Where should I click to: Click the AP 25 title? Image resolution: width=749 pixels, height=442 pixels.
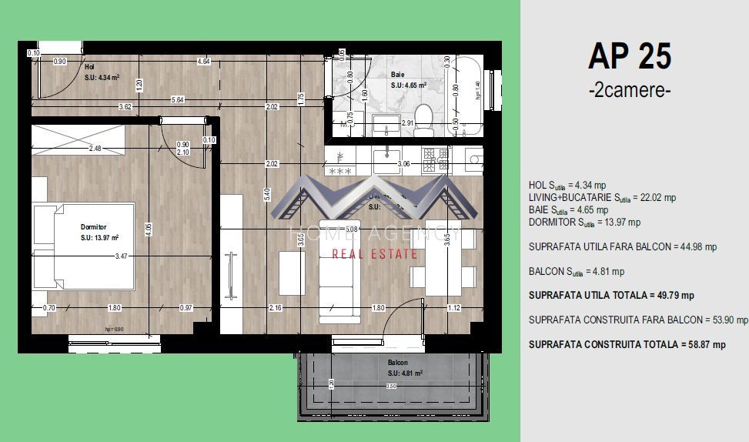[629, 56]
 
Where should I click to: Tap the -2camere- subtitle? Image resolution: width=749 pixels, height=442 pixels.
[629, 90]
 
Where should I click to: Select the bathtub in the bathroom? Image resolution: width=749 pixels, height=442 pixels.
[468, 95]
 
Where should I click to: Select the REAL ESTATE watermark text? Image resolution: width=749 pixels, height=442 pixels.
[374, 254]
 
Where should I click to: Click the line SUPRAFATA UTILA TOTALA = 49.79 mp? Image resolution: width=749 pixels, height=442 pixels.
[611, 296]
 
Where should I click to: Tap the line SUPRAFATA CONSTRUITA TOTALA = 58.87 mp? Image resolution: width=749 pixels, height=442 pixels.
[627, 345]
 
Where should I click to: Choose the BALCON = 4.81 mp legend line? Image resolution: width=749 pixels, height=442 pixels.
[577, 271]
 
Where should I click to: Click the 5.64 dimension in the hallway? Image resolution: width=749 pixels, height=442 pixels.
[177, 99]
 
